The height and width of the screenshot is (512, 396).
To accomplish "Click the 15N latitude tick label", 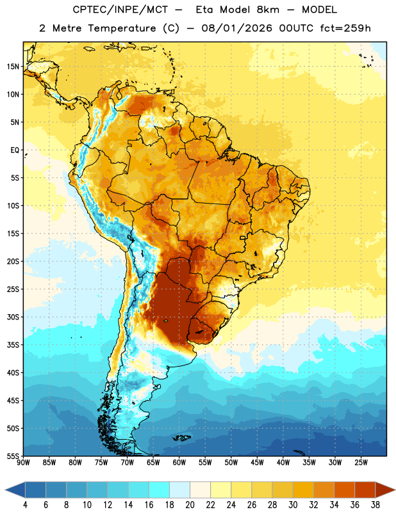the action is click(x=13, y=67).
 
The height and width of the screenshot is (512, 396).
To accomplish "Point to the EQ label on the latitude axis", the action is click(x=15, y=150).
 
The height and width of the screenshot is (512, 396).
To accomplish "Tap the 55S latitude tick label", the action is click(x=13, y=456).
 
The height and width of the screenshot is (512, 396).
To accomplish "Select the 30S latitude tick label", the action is click(x=13, y=317).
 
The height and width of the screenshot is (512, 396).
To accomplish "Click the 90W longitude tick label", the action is click(x=24, y=463).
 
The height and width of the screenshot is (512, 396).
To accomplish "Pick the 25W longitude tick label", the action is click(x=361, y=463).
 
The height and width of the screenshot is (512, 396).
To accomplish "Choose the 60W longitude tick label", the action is click(x=179, y=463).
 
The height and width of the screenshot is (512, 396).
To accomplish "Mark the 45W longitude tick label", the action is click(x=257, y=463).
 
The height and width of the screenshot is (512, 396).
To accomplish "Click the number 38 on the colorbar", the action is click(x=375, y=505).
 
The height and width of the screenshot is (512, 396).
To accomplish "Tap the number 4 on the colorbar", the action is click(x=25, y=505).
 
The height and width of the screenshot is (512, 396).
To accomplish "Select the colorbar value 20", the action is click(x=190, y=505).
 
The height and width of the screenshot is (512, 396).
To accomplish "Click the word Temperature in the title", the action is click(x=122, y=28).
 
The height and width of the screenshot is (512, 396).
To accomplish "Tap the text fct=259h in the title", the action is click(x=345, y=28).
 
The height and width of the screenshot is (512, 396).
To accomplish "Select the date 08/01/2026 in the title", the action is click(x=236, y=28).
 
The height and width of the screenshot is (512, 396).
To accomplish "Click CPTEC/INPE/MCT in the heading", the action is click(x=120, y=10).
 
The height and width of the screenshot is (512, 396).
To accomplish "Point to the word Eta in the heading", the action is click(x=204, y=10).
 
